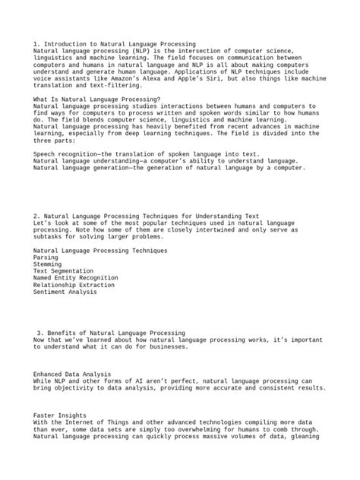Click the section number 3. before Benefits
pos(40,333)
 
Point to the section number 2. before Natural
pos(36,215)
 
